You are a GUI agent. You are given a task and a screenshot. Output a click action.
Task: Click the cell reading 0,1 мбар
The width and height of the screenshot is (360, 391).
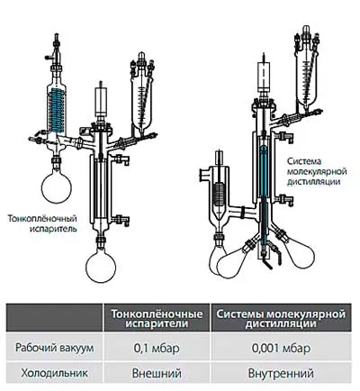157,348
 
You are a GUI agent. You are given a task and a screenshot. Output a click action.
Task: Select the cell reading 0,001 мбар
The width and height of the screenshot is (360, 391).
282,348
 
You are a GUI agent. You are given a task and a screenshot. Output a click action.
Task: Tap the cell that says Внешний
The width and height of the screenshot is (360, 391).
157,373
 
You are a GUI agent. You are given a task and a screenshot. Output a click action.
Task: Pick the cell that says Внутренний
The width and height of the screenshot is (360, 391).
282,373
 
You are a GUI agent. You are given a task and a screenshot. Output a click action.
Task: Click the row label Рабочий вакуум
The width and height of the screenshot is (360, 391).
55,348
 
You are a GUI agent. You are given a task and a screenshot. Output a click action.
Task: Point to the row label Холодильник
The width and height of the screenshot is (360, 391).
55,373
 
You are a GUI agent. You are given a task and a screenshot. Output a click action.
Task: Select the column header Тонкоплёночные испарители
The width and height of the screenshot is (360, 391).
157,318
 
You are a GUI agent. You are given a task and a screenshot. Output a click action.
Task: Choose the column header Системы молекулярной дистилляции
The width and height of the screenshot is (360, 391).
282,318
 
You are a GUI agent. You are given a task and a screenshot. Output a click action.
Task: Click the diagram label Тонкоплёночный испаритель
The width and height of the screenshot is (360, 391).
42,223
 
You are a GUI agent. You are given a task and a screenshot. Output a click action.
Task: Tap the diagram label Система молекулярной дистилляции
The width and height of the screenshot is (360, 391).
317,171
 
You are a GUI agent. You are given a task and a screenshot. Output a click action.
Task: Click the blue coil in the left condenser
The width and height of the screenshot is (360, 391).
58,110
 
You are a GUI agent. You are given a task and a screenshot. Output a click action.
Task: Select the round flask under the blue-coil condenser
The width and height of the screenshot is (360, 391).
57,186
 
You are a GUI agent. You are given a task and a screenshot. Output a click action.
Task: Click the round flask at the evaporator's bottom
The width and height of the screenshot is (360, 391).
101,267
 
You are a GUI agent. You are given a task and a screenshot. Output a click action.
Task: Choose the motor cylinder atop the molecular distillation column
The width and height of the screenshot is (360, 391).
264,76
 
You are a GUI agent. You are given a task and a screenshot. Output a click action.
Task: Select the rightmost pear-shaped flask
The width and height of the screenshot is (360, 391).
298,251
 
